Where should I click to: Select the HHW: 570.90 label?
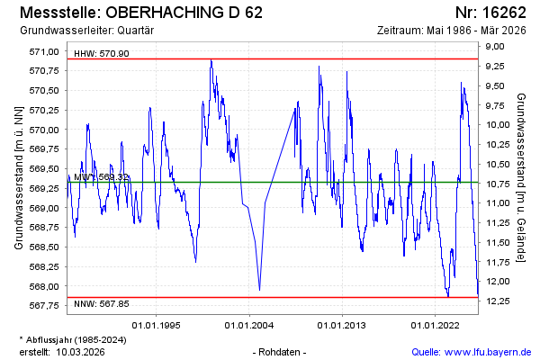pos(102,53)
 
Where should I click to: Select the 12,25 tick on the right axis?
pos(499,300)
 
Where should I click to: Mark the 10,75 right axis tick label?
pos(499,183)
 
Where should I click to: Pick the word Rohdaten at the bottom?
pos(282,351)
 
